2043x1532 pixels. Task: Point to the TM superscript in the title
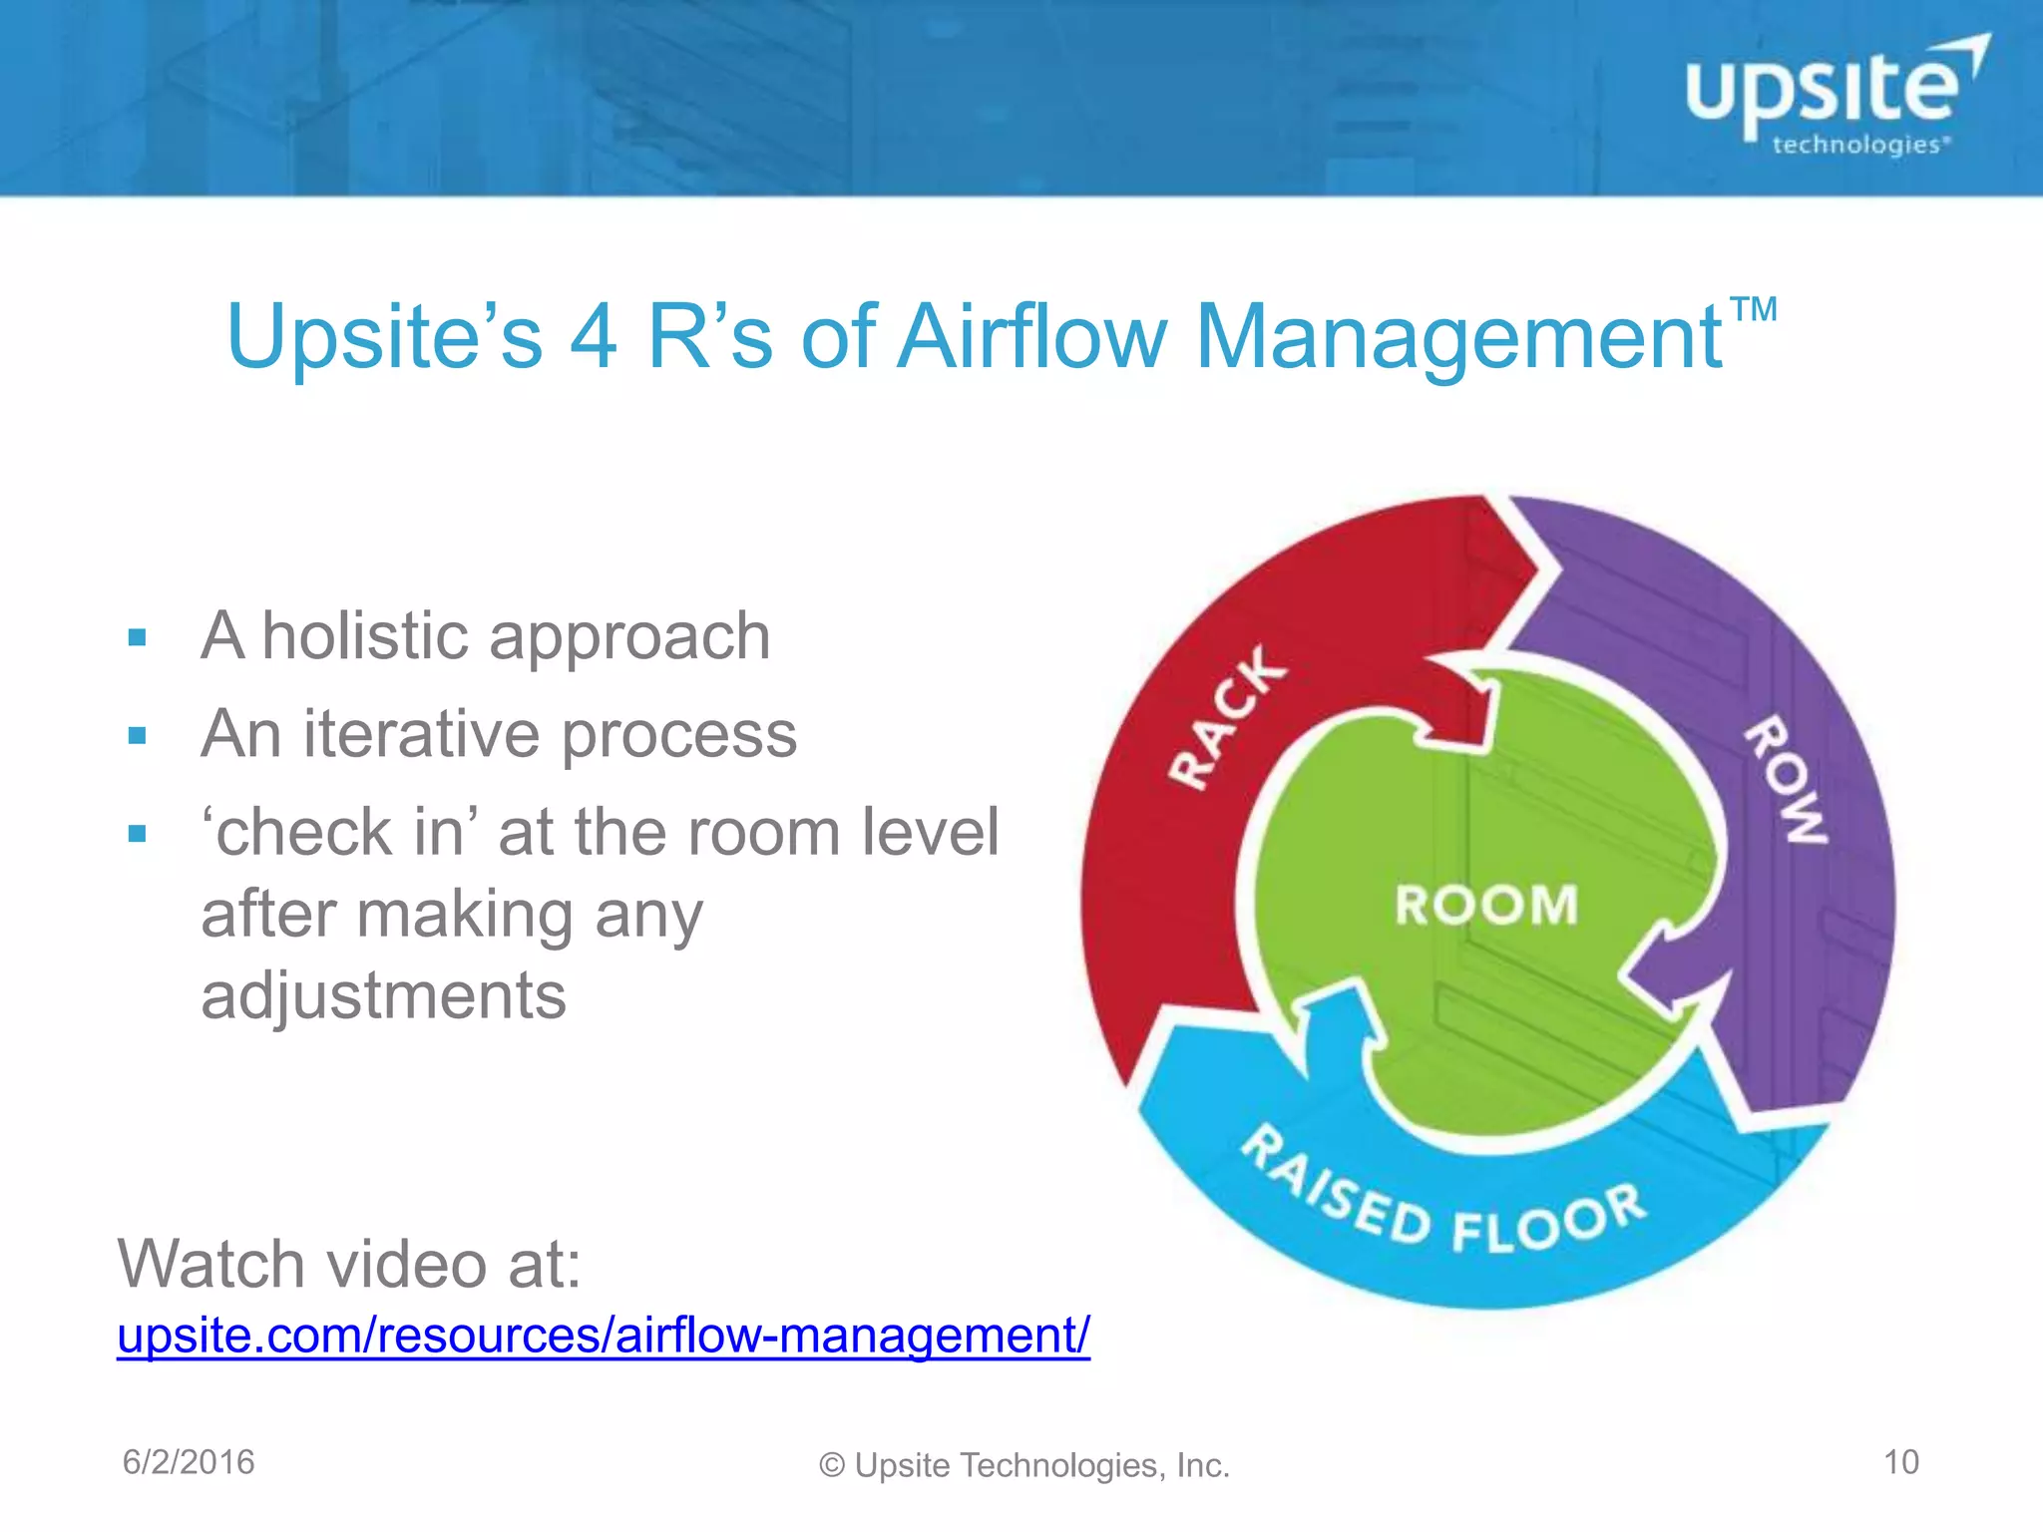click(1753, 309)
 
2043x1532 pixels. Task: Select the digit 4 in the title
click(594, 337)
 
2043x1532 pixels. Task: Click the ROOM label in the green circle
click(1485, 906)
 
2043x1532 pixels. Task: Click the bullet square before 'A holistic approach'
click(138, 638)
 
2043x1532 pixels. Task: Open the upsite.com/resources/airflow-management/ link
click(603, 1336)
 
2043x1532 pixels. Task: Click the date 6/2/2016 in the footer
click(189, 1462)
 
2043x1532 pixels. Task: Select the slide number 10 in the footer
click(1900, 1462)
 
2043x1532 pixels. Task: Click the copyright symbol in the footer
click(832, 1465)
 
